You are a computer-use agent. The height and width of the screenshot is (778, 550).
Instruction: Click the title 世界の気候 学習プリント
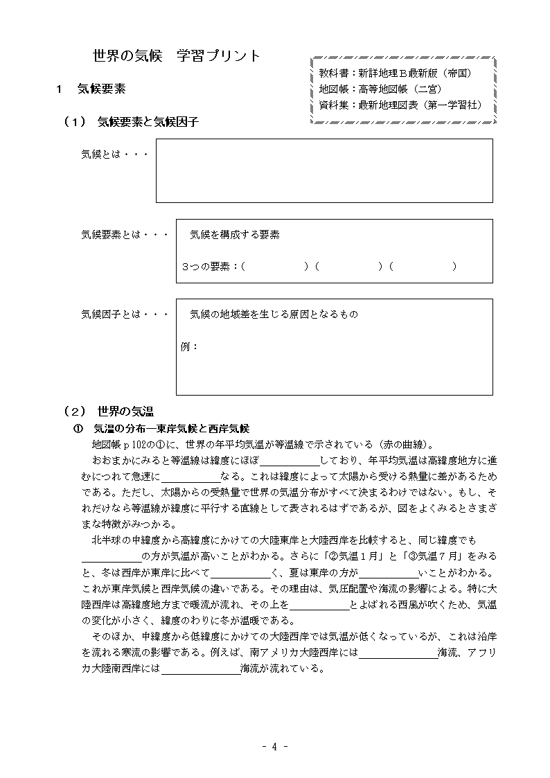tap(177, 56)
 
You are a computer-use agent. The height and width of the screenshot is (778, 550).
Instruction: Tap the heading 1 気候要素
tap(91, 89)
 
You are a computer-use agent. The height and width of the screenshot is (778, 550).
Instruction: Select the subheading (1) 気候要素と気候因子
tap(131, 121)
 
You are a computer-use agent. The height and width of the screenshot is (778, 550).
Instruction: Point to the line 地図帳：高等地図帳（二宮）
tap(380, 89)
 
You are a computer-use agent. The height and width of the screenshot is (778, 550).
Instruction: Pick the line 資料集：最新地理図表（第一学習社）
tap(400, 105)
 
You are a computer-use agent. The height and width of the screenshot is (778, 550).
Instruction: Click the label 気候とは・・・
tap(115, 154)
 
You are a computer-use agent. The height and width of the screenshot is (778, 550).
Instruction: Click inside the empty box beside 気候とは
tap(323, 170)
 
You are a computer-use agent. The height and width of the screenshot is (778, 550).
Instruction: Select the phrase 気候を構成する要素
tap(235, 235)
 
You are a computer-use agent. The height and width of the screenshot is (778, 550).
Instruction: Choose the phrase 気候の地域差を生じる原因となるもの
tap(274, 315)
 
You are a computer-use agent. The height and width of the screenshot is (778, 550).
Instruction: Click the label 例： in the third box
tap(190, 346)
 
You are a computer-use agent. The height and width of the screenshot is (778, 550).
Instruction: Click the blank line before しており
tap(290, 461)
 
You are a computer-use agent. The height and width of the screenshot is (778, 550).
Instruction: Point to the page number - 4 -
tap(275, 746)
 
